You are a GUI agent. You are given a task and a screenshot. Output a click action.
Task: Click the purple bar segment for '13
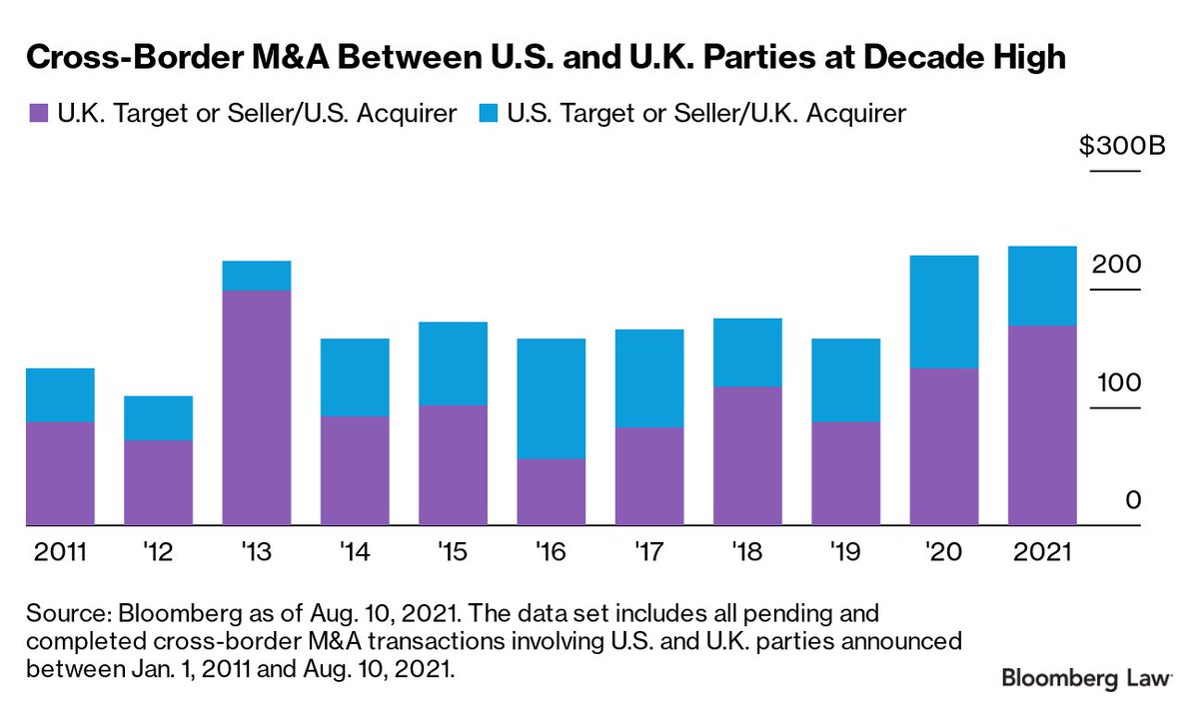pyautogui.click(x=256, y=407)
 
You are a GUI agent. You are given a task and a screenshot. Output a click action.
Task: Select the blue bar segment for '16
pyautogui.click(x=551, y=398)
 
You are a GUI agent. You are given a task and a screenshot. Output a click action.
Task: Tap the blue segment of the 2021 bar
pyautogui.click(x=1042, y=286)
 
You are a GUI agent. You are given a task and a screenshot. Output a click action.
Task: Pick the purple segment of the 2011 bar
pyautogui.click(x=60, y=473)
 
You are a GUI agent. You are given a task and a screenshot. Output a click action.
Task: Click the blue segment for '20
pyautogui.click(x=944, y=312)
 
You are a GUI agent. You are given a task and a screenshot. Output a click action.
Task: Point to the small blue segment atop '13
pyautogui.click(x=256, y=276)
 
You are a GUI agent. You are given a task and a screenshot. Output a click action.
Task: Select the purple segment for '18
pyautogui.click(x=747, y=455)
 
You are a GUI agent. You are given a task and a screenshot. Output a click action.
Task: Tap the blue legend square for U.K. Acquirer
pyautogui.click(x=489, y=114)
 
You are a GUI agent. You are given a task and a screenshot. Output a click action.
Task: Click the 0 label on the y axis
pyautogui.click(x=1132, y=501)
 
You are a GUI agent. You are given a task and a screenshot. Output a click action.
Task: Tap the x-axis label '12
pyautogui.click(x=158, y=552)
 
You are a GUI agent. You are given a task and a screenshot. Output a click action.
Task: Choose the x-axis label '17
pyautogui.click(x=649, y=552)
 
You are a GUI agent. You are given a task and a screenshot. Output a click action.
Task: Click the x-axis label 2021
pyautogui.click(x=1042, y=552)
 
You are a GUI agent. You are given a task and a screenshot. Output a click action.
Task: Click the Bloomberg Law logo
pyautogui.click(x=1086, y=678)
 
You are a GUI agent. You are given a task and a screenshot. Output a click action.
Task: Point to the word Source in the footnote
pyautogui.click(x=60, y=611)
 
